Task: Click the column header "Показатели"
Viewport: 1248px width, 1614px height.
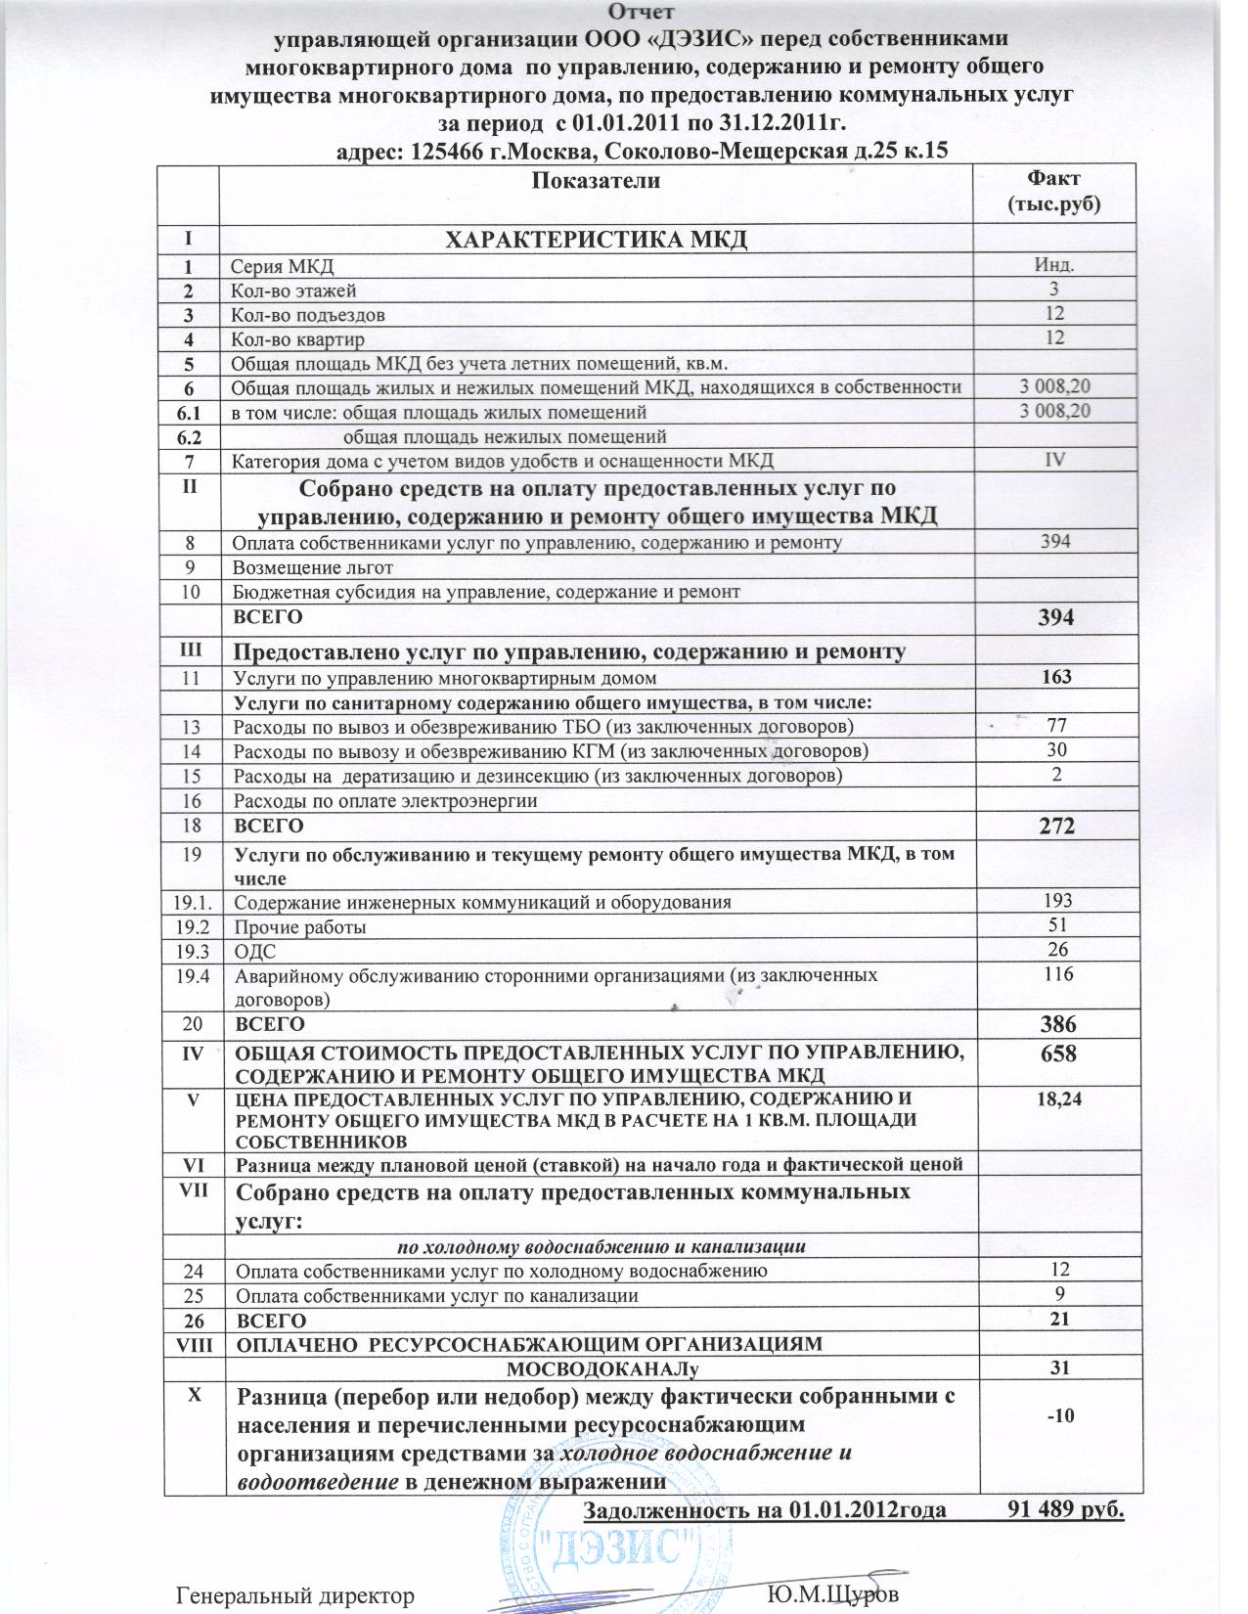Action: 596,181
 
